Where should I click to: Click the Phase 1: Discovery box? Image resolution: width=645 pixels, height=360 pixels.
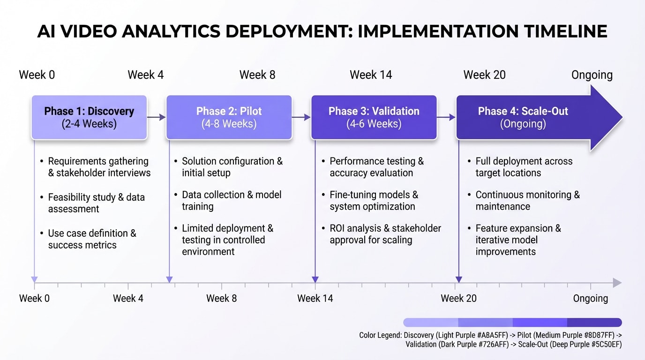tap(89, 117)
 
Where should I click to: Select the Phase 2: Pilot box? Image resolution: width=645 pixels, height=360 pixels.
tap(229, 117)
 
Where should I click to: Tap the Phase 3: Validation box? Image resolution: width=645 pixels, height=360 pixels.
tap(374, 117)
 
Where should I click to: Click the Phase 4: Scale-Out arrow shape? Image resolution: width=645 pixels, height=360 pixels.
tap(530, 117)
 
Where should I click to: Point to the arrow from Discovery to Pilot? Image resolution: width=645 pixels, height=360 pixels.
tap(157, 117)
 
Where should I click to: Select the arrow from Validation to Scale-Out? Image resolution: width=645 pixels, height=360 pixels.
tap(446, 117)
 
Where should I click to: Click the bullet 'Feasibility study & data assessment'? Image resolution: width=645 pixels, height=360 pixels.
tap(96, 202)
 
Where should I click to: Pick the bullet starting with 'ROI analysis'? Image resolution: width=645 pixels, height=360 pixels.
tap(384, 234)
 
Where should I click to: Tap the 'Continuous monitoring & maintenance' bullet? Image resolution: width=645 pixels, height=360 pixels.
tap(527, 200)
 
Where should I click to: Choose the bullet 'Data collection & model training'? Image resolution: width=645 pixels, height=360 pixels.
tap(232, 200)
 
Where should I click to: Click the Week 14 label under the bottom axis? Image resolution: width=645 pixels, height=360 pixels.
tap(315, 299)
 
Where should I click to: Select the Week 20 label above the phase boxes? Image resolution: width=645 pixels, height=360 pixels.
tap(484, 75)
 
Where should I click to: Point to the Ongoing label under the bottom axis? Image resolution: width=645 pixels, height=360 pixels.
tap(590, 299)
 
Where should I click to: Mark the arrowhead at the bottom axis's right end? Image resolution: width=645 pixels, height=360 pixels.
tap(617, 283)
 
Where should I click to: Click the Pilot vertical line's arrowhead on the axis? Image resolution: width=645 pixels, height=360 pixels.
tap(169, 280)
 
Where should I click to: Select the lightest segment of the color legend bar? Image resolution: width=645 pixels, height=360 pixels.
tap(430, 322)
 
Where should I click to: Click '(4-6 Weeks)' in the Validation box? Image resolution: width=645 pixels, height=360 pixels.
tap(374, 124)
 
